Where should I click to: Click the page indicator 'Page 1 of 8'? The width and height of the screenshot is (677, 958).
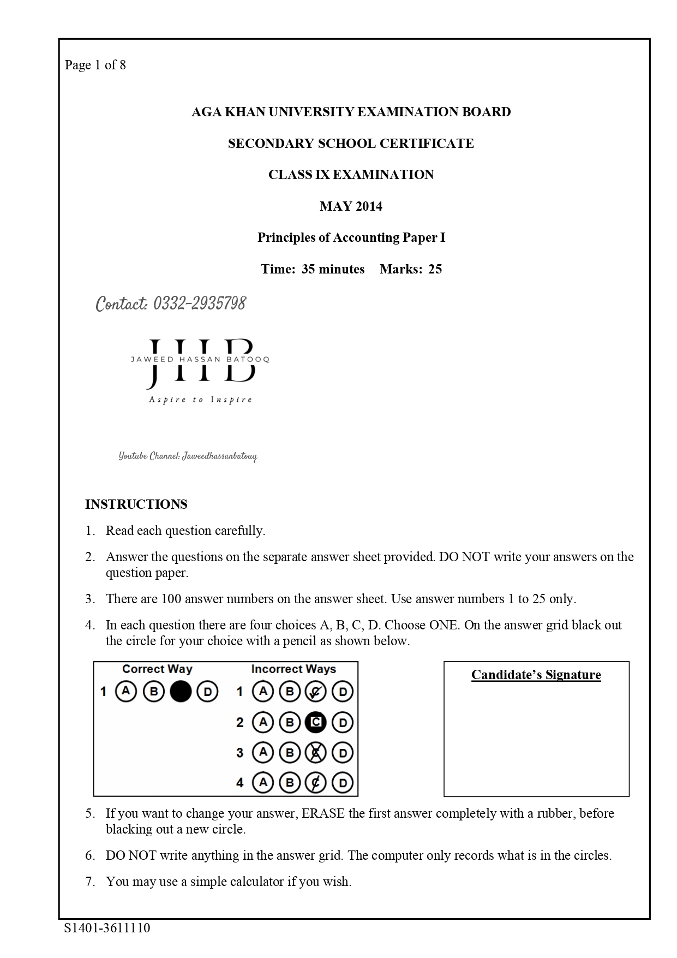(x=95, y=65)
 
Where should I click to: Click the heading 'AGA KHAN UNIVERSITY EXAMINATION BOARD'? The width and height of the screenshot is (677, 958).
(x=351, y=112)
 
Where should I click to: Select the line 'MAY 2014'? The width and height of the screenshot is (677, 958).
(x=351, y=206)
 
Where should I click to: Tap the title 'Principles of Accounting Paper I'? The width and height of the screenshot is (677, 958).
(x=351, y=237)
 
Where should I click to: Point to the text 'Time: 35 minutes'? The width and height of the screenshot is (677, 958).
(x=313, y=269)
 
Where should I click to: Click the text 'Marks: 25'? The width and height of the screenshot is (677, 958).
(x=411, y=269)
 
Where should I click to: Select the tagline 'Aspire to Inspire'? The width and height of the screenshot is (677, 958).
(x=200, y=400)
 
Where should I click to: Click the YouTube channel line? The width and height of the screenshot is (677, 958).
(x=188, y=456)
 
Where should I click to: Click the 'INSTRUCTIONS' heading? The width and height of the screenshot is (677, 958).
(x=136, y=504)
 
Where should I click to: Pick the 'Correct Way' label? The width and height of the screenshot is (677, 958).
(x=157, y=669)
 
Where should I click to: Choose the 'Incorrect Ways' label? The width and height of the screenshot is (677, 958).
(x=293, y=669)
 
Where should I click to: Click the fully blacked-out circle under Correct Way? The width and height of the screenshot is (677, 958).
(x=181, y=692)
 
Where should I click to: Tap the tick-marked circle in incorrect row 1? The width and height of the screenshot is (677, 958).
(x=315, y=692)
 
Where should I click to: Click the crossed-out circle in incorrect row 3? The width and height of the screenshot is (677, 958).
(x=315, y=753)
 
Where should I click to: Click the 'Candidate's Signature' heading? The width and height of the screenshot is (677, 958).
(x=536, y=675)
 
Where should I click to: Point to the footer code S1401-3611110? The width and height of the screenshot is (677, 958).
(x=107, y=928)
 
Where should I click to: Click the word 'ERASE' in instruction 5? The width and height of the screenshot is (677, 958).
(x=323, y=813)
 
